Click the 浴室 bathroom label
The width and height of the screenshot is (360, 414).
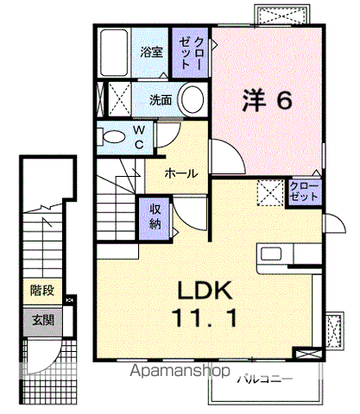151,52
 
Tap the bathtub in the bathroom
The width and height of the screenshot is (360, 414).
114,53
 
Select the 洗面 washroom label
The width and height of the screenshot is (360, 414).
161,100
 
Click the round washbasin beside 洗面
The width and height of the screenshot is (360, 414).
193,99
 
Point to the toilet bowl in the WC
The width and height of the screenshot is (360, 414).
114,137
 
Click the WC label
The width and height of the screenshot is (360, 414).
139,137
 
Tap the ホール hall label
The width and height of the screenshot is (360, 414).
181,173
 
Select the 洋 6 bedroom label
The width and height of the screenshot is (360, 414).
267,100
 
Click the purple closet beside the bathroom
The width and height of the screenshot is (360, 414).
190,53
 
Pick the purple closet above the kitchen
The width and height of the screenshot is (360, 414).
305,192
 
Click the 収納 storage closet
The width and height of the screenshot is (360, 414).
155,218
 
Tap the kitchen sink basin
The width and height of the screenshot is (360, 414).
271,254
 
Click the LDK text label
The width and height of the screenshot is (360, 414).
205,291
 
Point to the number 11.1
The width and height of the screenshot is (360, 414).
205,317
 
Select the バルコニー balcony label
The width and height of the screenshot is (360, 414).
264,379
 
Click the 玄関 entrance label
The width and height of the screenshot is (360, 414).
43,320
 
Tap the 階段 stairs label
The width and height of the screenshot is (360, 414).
42,291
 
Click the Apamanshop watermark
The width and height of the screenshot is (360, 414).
180,371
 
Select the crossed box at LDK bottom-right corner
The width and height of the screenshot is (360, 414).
307,354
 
